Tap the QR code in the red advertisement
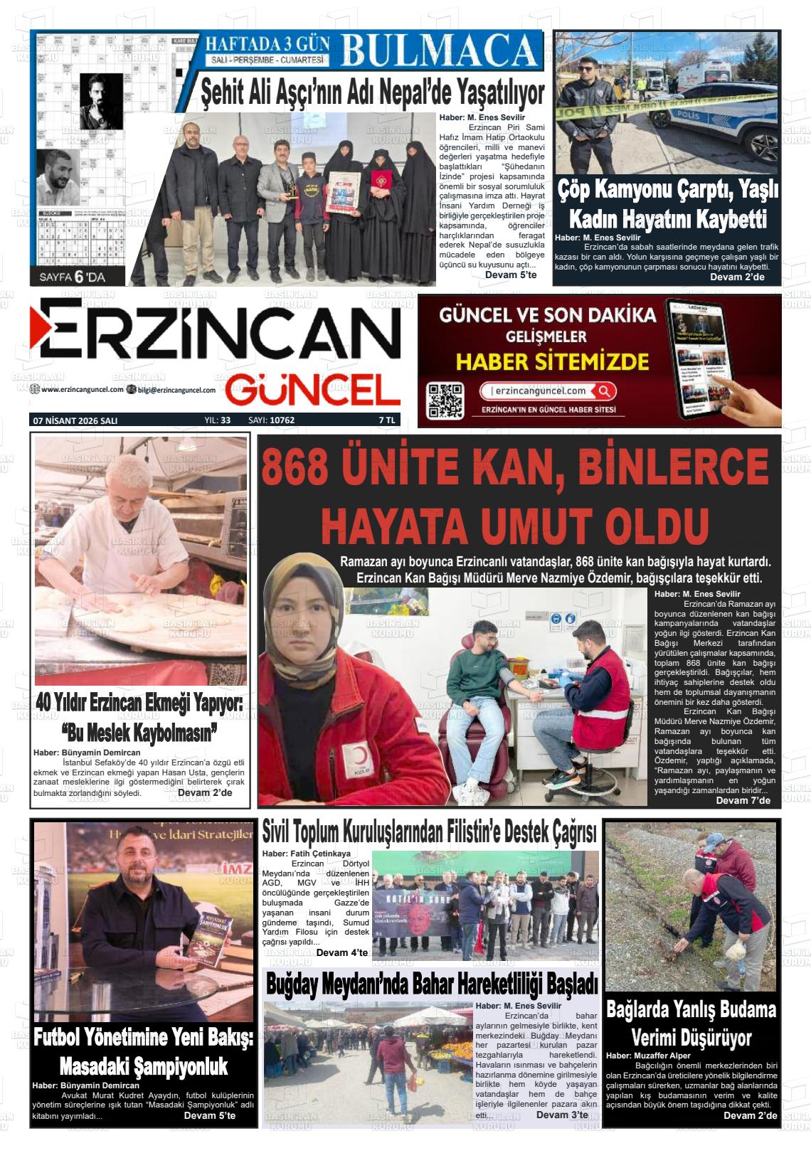pos(445,400)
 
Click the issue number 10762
pos(282,420)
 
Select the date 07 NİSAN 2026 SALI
pos(75,420)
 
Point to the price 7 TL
pos(387,420)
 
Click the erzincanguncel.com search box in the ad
pos(546,391)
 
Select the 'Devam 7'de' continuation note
pos(743,800)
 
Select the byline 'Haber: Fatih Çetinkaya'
pos(307,853)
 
